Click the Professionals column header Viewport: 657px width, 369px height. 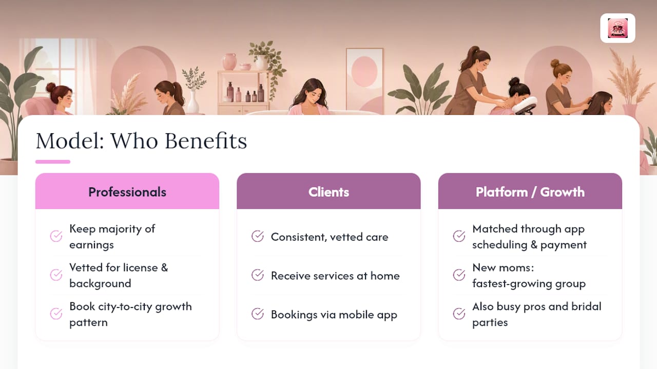pos(127,192)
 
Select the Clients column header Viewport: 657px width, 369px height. pos(328,192)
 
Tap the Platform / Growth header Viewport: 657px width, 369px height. pos(530,192)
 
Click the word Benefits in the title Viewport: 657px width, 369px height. pos(206,140)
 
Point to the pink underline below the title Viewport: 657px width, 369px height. pos(53,161)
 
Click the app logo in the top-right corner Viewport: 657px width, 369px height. pos(617,28)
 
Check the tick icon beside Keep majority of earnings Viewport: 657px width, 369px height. pos(56,236)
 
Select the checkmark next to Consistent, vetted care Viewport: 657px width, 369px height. pos(258,236)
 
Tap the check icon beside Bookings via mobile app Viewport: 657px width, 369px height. pos(258,314)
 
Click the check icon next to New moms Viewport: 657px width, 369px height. pos(459,275)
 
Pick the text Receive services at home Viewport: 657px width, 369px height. pos(335,276)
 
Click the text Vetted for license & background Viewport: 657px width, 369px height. pos(119,275)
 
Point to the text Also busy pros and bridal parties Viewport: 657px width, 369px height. pos(537,314)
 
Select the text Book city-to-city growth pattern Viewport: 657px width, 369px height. pos(130,314)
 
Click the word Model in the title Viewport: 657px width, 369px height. pos(70,140)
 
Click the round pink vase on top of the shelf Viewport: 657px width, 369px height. pos(229,61)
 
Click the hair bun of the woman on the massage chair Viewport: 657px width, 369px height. pos(514,81)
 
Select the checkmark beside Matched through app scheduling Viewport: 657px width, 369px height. pos(459,236)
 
